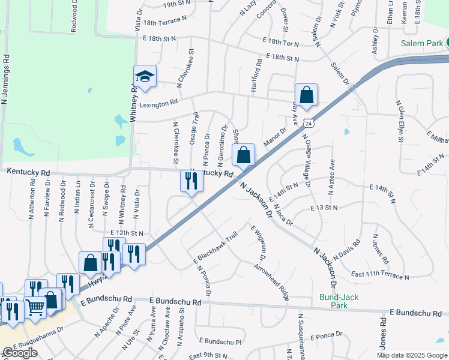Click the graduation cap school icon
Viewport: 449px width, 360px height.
point(145,77)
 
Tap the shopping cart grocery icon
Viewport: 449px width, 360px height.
point(35,307)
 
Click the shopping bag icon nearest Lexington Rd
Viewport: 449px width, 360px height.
point(306,95)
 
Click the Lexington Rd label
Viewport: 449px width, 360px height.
point(159,103)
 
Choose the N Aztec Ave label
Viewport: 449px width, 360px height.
point(330,176)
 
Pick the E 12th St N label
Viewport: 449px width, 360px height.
point(127,233)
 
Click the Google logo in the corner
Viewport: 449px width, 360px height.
point(20,353)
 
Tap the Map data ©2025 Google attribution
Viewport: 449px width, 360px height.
point(412,355)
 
